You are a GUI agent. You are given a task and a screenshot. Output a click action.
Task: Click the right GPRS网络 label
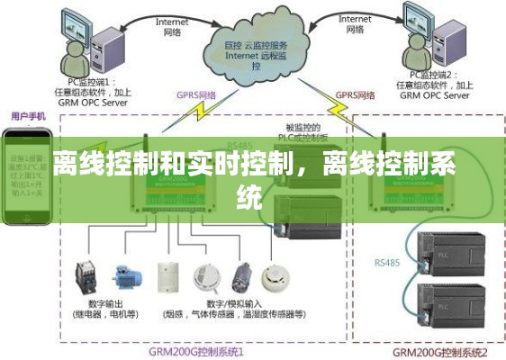355,93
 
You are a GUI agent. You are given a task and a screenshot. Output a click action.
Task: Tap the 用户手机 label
29,116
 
